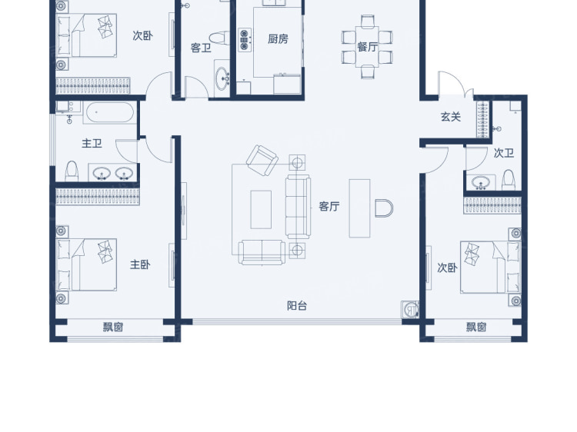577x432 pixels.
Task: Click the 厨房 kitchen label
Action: pyautogui.click(x=278, y=38)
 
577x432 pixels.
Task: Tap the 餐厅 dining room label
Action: pyautogui.click(x=367, y=47)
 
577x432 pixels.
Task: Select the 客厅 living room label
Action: pyautogui.click(x=329, y=206)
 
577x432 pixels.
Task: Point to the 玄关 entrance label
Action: pyautogui.click(x=451, y=117)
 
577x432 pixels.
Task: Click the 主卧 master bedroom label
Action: pyautogui.click(x=140, y=264)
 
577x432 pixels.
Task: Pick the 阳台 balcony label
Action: pyautogui.click(x=297, y=305)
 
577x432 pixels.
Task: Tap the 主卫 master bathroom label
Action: pyautogui.click(x=92, y=143)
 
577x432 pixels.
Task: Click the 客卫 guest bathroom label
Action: pyautogui.click(x=201, y=48)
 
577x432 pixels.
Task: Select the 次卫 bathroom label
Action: pyautogui.click(x=504, y=153)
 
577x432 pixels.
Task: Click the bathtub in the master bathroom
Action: pyautogui.click(x=109, y=112)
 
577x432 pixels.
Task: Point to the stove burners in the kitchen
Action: pyautogui.click(x=245, y=40)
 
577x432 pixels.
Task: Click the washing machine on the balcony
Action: pyautogui.click(x=410, y=310)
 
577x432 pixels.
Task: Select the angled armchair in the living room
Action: pyautogui.click(x=262, y=161)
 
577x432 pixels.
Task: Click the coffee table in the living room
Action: pyautogui.click(x=261, y=210)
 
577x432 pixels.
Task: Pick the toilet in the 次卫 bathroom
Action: pyautogui.click(x=509, y=179)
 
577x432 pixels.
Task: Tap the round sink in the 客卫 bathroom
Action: pyautogui.click(x=222, y=78)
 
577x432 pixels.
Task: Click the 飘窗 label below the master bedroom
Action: pyautogui.click(x=113, y=327)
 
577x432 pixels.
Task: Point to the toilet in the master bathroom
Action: pyautogui.click(x=72, y=171)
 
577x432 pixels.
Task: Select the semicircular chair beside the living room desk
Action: pyautogui.click(x=384, y=208)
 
